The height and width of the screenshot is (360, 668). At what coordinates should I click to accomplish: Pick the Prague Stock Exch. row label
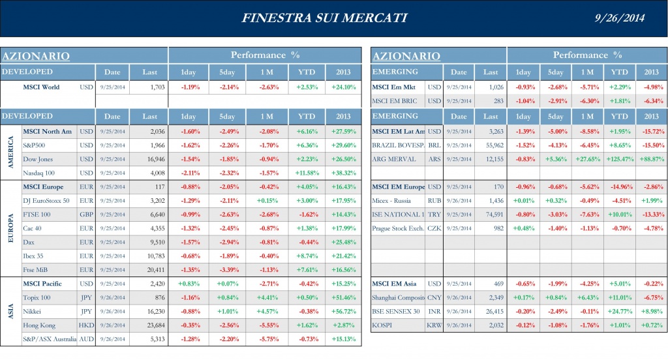(x=398, y=228)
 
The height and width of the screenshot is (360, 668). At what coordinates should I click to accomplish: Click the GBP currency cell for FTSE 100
(x=85, y=215)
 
